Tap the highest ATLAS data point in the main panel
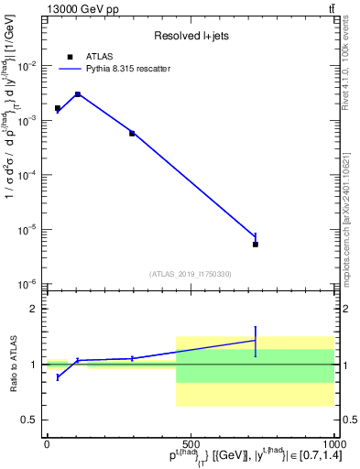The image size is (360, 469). pos(78,94)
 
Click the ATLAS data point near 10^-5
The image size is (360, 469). pos(256,245)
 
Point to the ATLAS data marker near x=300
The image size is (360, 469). pos(132,134)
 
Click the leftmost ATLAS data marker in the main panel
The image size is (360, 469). pos(58,108)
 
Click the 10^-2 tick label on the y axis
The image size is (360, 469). pos(29,66)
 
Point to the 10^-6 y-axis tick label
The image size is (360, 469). pos(29,284)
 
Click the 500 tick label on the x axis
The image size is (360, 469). pos(191,442)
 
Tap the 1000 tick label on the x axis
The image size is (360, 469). pos(333,442)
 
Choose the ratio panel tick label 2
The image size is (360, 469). pos(34,310)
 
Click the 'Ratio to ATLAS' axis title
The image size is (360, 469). pos(12,365)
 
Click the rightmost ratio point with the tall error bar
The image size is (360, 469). pos(256,341)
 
